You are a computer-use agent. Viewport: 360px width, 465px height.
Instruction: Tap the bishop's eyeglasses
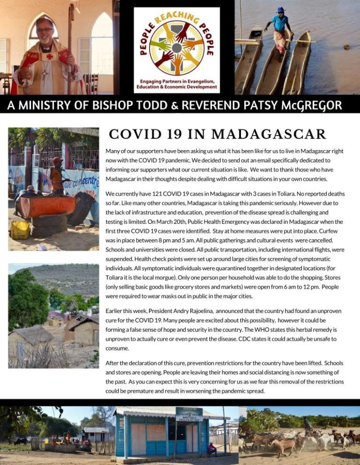tap(44, 30)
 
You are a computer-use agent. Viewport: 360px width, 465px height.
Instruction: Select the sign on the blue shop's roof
tap(189, 414)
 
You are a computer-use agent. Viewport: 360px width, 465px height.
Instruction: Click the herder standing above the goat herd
tap(308, 423)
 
